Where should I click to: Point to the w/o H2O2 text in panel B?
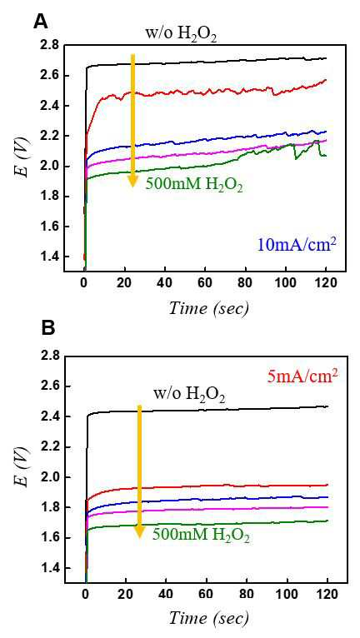coord(189,395)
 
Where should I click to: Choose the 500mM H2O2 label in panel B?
coord(201,534)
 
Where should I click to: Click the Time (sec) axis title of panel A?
coord(208,310)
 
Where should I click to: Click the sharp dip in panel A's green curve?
coord(295,159)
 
